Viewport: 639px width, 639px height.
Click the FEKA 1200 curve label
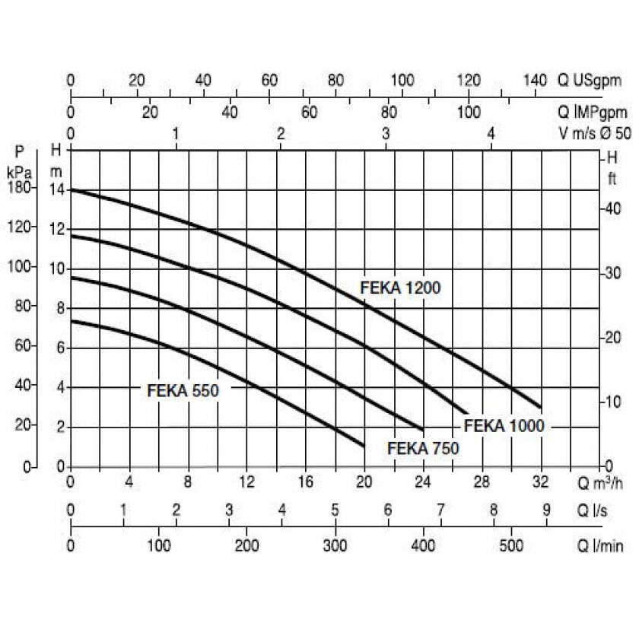pyautogui.click(x=400, y=288)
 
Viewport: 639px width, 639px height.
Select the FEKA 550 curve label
pyautogui.click(x=183, y=392)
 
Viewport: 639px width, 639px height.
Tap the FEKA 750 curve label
pyautogui.click(x=423, y=448)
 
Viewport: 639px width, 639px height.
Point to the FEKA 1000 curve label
pyautogui.click(x=504, y=425)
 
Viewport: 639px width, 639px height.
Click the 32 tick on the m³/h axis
pyautogui.click(x=540, y=482)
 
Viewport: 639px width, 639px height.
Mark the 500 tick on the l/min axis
pyautogui.click(x=510, y=545)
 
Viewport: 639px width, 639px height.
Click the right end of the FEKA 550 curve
pyautogui.click(x=364, y=445)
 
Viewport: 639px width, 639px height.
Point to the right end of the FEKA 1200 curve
pyautogui.click(x=540, y=407)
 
